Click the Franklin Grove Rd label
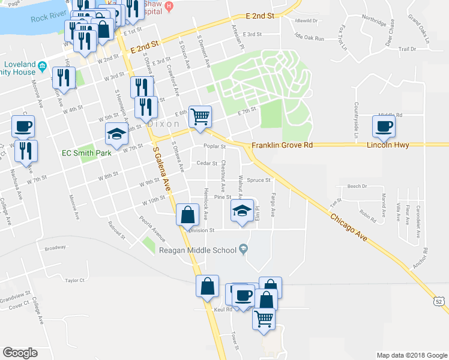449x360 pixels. pyautogui.click(x=282, y=145)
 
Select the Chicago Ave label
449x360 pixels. pyautogui.click(x=350, y=220)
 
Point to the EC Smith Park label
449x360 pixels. pyautogui.click(x=87, y=153)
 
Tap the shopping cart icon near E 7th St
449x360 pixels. pyautogui.click(x=200, y=116)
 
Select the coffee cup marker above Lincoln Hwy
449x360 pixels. pyautogui.click(x=384, y=125)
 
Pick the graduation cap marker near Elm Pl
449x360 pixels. pyautogui.click(x=241, y=211)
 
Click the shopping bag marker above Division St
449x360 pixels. pyautogui.click(x=187, y=214)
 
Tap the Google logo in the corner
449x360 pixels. pyautogui.click(x=20, y=353)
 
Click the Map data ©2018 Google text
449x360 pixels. pyautogui.click(x=411, y=355)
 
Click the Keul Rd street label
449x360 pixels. pyautogui.click(x=223, y=310)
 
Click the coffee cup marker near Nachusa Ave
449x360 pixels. pyautogui.click(x=23, y=126)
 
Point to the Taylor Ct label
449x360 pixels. pyautogui.click(x=75, y=280)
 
